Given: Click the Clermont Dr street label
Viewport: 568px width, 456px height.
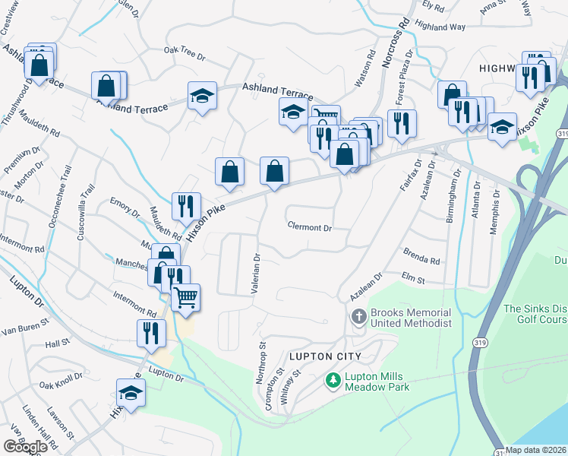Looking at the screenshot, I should click(310, 227).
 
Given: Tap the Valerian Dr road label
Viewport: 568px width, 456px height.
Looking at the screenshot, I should click(256, 274).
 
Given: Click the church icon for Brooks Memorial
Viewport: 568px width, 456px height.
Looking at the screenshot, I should click(358, 316).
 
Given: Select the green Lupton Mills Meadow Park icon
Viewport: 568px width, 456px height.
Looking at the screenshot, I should click(332, 379).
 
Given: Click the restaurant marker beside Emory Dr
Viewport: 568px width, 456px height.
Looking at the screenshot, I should click(185, 205).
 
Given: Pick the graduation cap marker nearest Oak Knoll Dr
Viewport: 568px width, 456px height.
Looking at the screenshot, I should click(131, 394).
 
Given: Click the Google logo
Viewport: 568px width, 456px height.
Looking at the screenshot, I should click(25, 446).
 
